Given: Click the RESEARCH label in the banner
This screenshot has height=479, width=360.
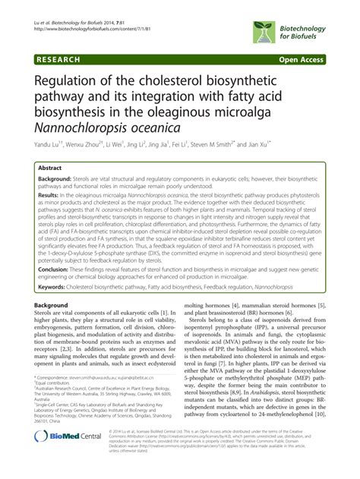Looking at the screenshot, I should [x=53, y=57].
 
